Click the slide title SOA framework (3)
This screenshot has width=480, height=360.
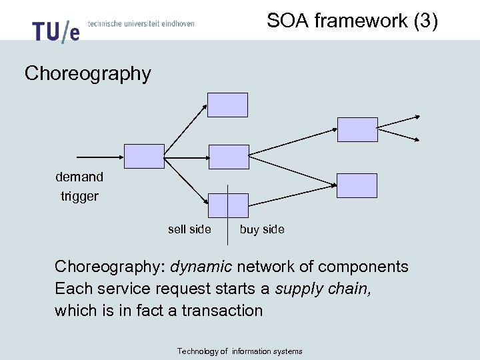click(x=352, y=21)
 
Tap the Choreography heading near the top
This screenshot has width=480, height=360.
click(x=88, y=73)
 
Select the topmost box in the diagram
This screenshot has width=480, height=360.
click(x=227, y=105)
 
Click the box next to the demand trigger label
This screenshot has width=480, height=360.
click(x=143, y=156)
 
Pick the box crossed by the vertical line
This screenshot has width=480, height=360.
click(x=228, y=205)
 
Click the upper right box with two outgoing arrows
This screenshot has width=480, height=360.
click(x=357, y=129)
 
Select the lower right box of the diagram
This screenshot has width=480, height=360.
click(x=357, y=185)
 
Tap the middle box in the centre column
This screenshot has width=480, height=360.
click(x=229, y=156)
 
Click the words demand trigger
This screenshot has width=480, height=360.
click(x=79, y=187)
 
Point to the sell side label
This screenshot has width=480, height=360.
click(x=189, y=229)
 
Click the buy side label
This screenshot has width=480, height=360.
click(x=262, y=229)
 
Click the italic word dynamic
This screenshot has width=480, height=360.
click(x=201, y=267)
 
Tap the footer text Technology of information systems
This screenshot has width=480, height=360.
click(x=240, y=351)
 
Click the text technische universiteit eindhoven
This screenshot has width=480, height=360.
click(x=141, y=23)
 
